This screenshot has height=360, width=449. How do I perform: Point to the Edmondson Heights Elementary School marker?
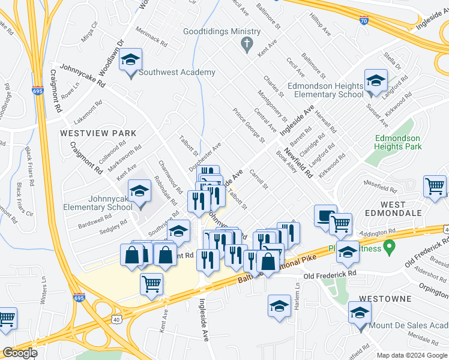tap(376, 81)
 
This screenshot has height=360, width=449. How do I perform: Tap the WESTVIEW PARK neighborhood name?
tap(98, 133)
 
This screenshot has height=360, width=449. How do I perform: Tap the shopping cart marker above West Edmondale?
tap(435, 186)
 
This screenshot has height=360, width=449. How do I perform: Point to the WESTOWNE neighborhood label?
tap(385, 298)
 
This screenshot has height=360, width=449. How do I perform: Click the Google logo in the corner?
tap(20, 352)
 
